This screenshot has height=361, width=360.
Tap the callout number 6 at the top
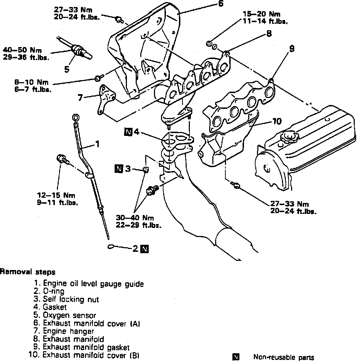click(220, 4)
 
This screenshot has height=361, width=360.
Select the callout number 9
click(291, 50)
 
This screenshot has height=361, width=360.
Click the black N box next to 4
click(128, 132)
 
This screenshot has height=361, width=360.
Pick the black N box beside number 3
click(119, 169)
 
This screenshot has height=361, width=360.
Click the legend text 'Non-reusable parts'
click(284, 357)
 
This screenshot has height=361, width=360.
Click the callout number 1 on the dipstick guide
click(97, 144)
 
